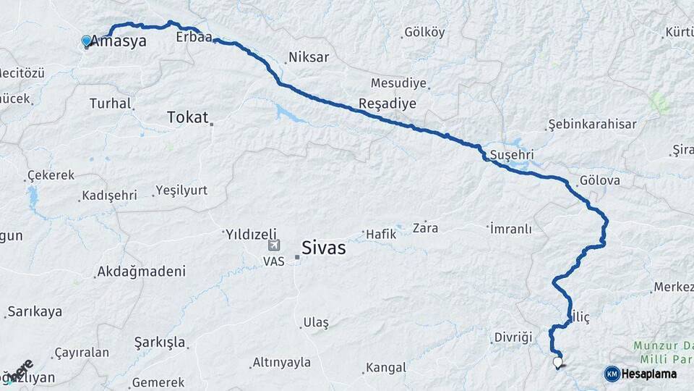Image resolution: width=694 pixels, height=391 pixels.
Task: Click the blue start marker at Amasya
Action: [x=87, y=41]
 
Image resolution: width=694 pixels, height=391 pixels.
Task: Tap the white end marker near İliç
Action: [x=557, y=362]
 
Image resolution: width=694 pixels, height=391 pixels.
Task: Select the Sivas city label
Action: [x=324, y=248]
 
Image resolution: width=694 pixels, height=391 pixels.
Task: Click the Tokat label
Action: [x=187, y=117]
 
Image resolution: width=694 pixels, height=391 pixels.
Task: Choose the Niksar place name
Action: [x=308, y=57]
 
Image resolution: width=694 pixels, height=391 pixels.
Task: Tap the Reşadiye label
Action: [x=387, y=104]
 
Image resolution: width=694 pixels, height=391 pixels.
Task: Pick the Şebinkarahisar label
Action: [x=592, y=125]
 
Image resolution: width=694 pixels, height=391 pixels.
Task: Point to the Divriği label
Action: [x=513, y=337]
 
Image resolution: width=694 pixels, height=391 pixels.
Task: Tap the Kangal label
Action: [x=385, y=368]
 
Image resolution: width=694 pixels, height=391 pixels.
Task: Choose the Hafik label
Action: [x=382, y=234]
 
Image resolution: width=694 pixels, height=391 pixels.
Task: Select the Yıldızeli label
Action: [x=251, y=234]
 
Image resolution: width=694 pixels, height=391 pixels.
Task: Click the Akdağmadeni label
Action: [x=140, y=272]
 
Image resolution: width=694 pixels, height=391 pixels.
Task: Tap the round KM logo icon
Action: [x=612, y=374]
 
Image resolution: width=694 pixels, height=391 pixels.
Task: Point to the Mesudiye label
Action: [x=398, y=83]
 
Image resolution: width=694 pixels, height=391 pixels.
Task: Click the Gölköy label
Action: [x=424, y=33]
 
